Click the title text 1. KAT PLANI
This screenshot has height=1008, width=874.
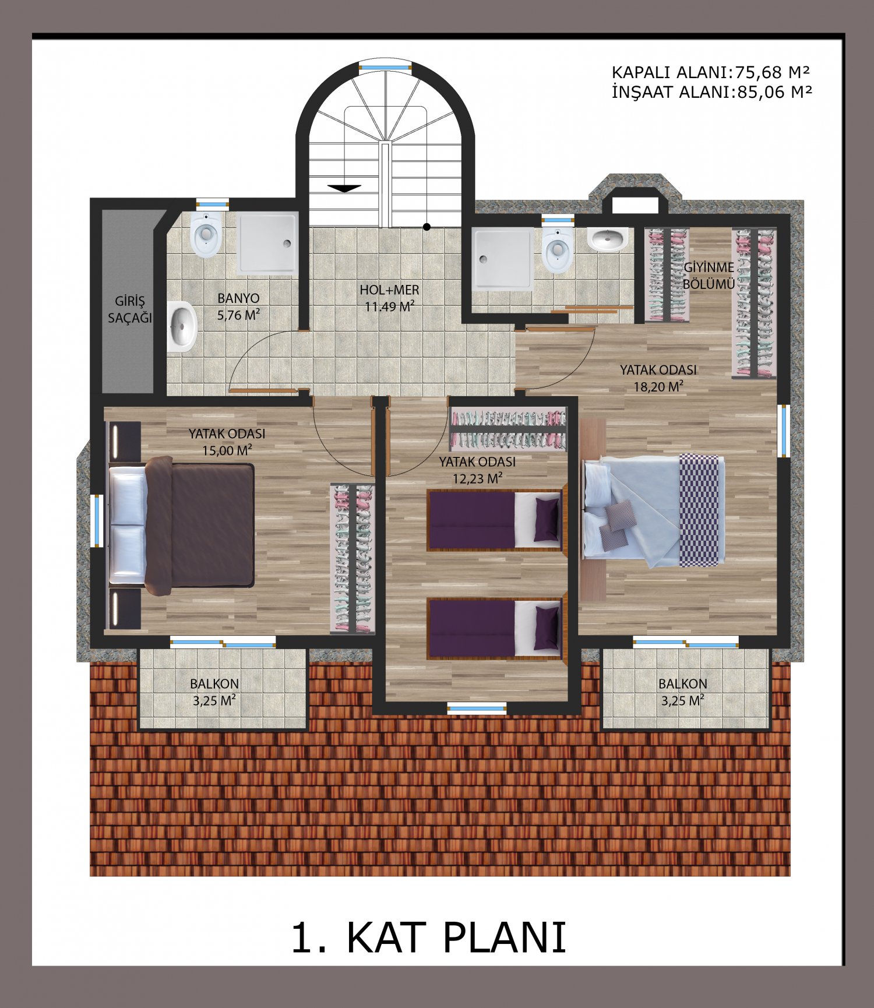(x=428, y=937)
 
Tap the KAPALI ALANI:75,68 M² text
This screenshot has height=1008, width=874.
(x=711, y=73)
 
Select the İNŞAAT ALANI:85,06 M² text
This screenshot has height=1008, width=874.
(x=711, y=91)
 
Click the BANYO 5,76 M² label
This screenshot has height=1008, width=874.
(x=238, y=306)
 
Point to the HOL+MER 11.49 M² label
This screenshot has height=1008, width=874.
(x=389, y=298)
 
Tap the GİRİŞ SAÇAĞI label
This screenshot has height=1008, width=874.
(x=129, y=309)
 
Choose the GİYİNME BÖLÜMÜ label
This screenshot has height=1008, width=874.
(x=709, y=276)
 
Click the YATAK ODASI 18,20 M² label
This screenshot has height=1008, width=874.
(x=658, y=378)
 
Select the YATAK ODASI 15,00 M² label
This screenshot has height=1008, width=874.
(x=227, y=442)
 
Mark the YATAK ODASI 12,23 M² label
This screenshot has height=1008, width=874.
(x=477, y=470)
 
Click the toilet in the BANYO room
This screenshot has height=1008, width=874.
(x=206, y=234)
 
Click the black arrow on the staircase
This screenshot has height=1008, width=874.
(x=344, y=188)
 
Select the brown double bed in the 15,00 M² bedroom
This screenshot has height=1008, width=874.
(x=182, y=526)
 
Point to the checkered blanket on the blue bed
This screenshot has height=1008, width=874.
(x=699, y=510)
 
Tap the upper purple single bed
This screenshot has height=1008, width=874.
(x=496, y=520)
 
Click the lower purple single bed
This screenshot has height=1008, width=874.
(x=496, y=628)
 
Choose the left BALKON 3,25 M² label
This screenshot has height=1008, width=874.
(x=214, y=692)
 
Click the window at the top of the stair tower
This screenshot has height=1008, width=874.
(x=385, y=66)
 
